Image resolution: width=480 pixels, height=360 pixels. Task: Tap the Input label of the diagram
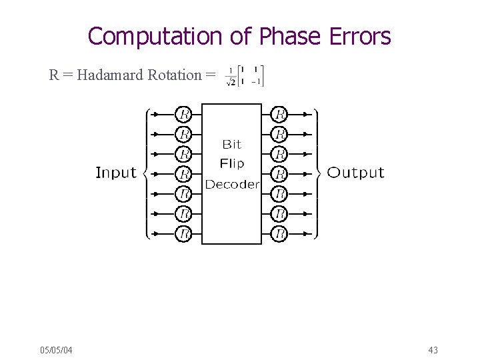point(116,173)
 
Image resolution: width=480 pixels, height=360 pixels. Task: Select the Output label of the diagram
point(356,173)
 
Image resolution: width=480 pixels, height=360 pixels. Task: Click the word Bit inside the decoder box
point(231,144)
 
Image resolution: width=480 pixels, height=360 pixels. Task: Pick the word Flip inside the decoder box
point(231,163)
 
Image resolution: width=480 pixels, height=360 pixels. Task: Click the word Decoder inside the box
point(231,184)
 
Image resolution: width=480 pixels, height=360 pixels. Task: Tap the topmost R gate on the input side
point(183,114)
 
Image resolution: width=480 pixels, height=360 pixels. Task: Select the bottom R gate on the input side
point(183,234)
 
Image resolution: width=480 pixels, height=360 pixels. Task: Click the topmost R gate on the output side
point(280,114)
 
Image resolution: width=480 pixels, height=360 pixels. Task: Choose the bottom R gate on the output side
point(280,234)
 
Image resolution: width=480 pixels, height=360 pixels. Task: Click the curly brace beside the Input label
point(144,173)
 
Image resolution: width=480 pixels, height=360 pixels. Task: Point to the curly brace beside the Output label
point(319,173)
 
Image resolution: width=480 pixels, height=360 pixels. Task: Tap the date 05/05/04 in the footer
point(57,350)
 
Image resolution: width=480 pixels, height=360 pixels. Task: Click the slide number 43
point(433,350)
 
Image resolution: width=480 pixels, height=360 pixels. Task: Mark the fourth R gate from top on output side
point(280,174)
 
